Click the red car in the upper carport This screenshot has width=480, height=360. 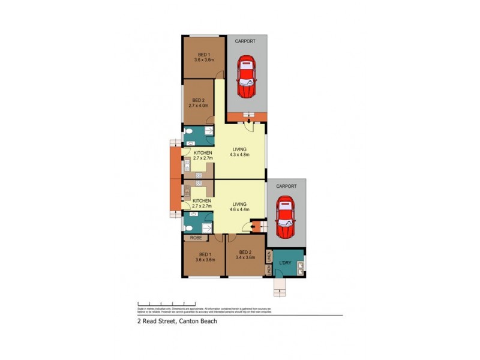click(247, 77)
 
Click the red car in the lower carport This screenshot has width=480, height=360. click(285, 218)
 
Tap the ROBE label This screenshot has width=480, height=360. click(196, 238)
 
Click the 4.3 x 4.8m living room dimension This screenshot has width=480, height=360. click(239, 154)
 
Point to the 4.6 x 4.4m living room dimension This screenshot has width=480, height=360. click(239, 209)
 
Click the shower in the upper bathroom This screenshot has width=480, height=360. click(209, 132)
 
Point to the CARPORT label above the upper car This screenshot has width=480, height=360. click(245, 41)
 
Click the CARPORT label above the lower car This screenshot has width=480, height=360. click(286, 186)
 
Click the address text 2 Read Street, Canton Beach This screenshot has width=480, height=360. click(176, 321)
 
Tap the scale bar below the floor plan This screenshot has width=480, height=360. click(166, 303)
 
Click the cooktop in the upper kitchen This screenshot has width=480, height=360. click(199, 174)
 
